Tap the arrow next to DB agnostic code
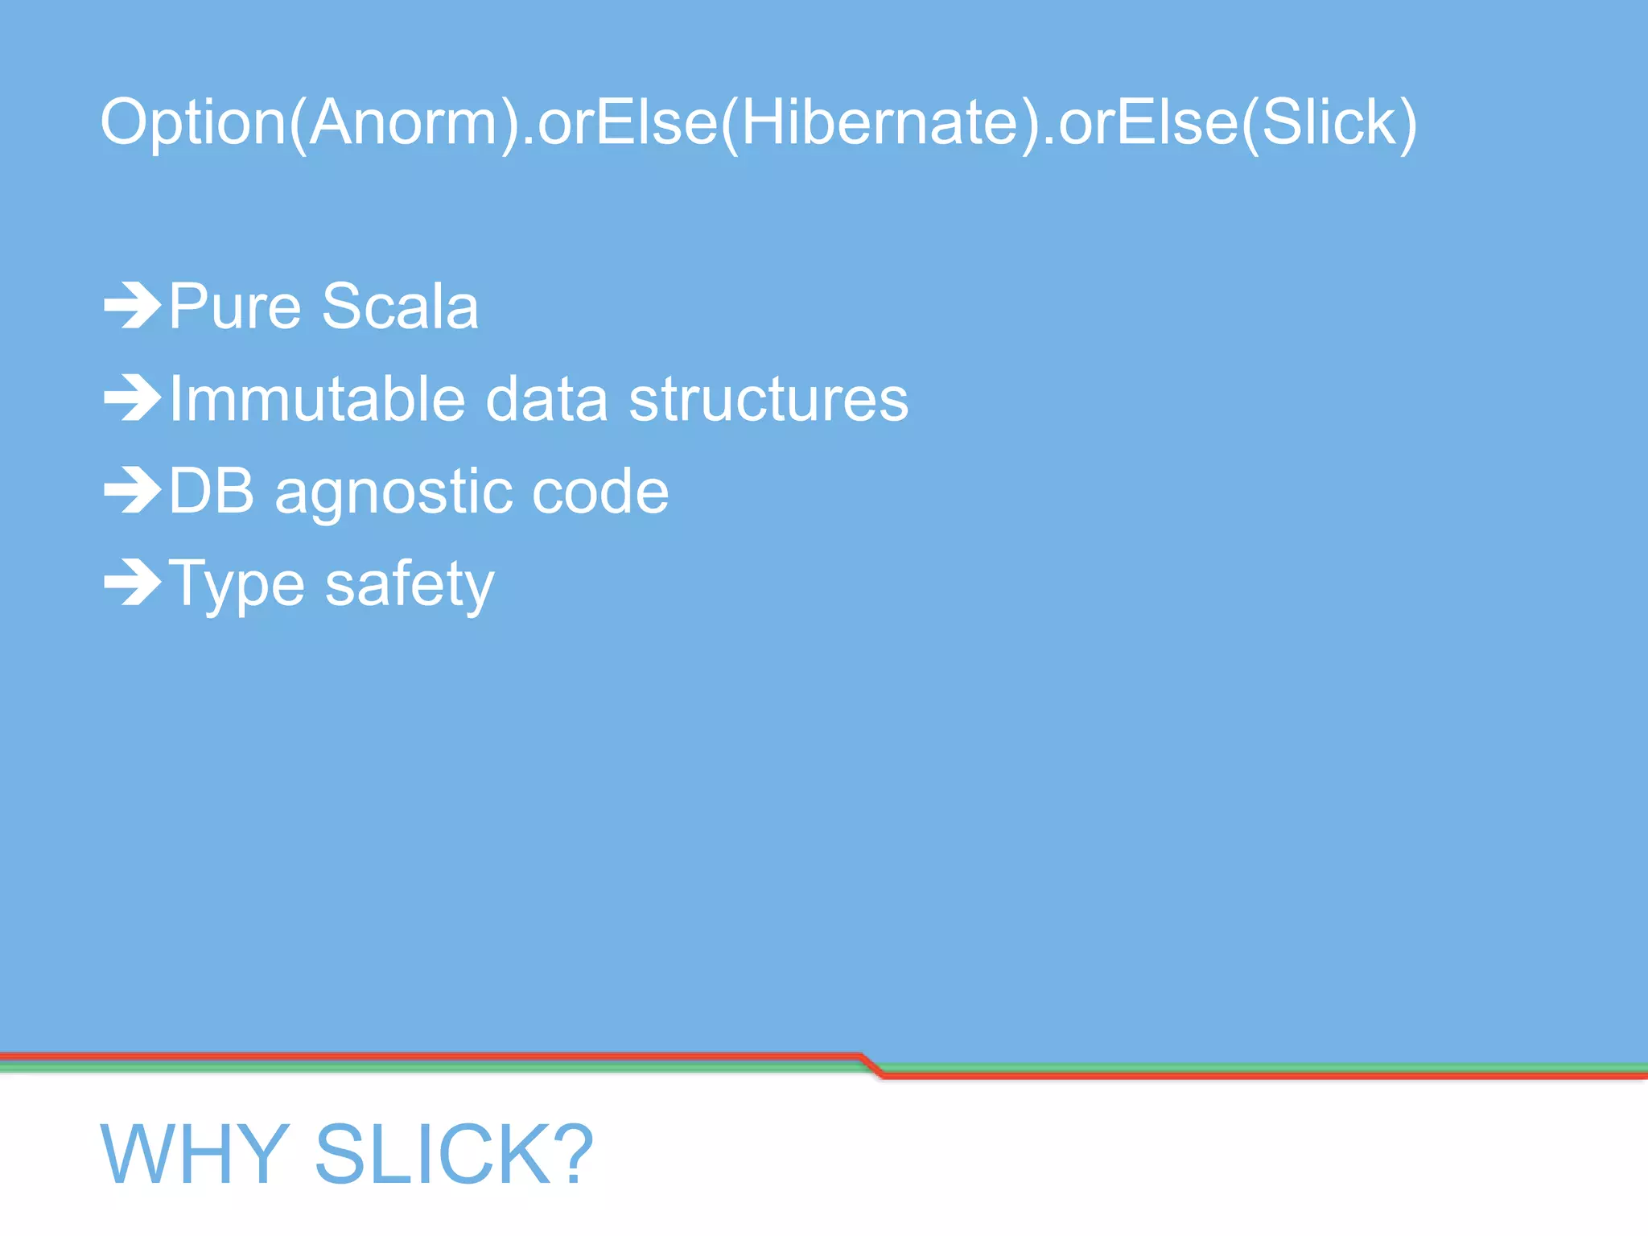pyautogui.click(x=133, y=490)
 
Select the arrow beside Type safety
pyautogui.click(x=133, y=582)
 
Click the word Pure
pyautogui.click(x=235, y=307)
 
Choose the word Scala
pyautogui.click(x=400, y=307)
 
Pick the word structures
pyautogui.click(x=768, y=399)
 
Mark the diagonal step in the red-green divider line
pyautogui.click(x=871, y=1065)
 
